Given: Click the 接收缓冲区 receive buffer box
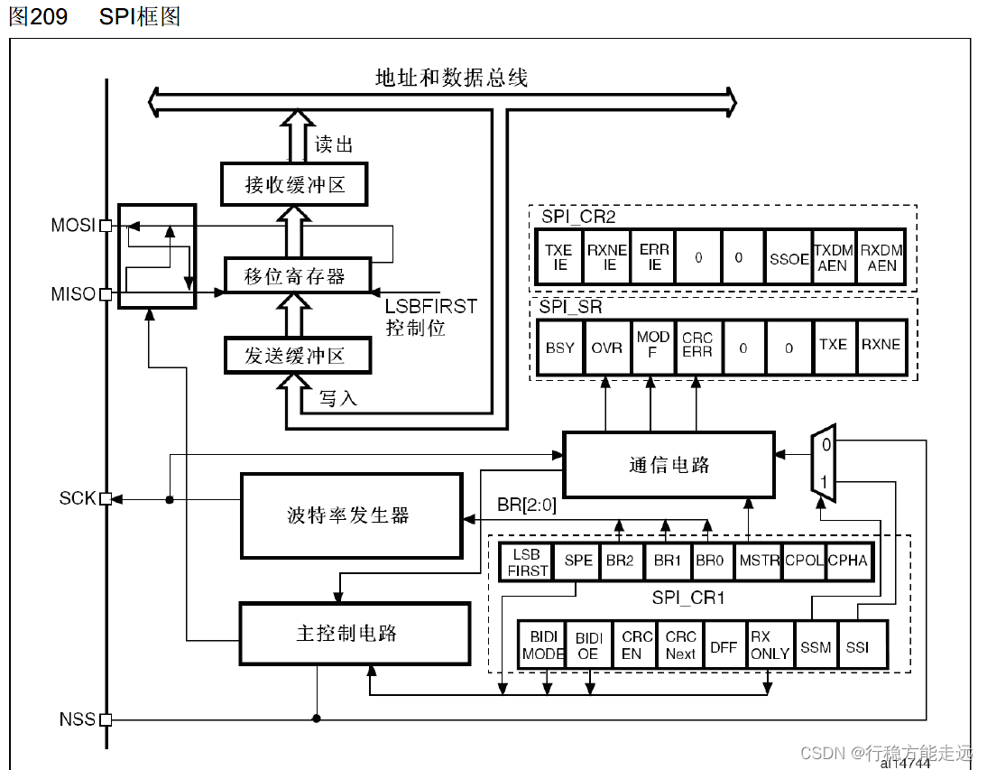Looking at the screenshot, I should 295,185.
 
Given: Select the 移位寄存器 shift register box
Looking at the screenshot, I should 295,276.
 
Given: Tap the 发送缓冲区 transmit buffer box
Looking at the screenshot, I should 295,355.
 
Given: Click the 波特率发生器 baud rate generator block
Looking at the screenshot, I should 350,515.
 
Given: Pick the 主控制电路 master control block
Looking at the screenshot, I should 354,634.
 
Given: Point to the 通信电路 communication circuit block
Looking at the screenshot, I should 669,464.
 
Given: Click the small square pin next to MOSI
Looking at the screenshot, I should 106,226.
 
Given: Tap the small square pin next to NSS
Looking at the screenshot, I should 106,719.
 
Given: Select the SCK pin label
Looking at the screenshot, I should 78,498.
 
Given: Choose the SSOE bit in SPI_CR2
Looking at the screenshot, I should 789,258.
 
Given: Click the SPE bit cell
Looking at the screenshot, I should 577,560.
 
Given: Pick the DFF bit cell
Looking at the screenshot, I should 724,646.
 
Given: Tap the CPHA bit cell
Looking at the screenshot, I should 847,560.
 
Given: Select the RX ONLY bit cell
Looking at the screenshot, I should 770,645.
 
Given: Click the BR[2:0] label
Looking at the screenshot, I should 527,505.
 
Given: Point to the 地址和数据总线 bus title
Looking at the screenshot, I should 451,78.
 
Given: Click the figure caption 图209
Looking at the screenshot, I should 38,17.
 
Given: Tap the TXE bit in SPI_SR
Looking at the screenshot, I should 833,345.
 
